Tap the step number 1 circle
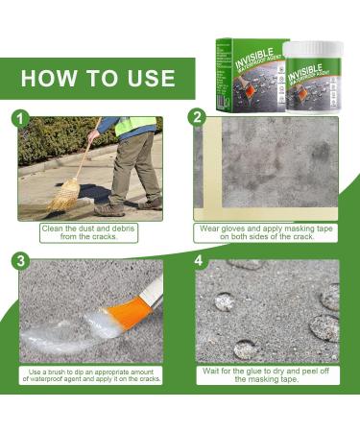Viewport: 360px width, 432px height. (20, 119)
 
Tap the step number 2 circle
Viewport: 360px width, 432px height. (197, 117)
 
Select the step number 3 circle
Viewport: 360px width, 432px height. (20, 261)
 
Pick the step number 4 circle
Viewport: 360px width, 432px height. (199, 260)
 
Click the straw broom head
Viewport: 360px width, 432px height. (65, 195)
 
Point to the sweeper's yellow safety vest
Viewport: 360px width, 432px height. (135, 126)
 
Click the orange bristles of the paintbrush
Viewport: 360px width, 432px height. (124, 315)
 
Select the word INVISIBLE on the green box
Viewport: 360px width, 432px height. (254, 59)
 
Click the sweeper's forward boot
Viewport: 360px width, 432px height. (108, 209)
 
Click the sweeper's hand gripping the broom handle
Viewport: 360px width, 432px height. (93, 136)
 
